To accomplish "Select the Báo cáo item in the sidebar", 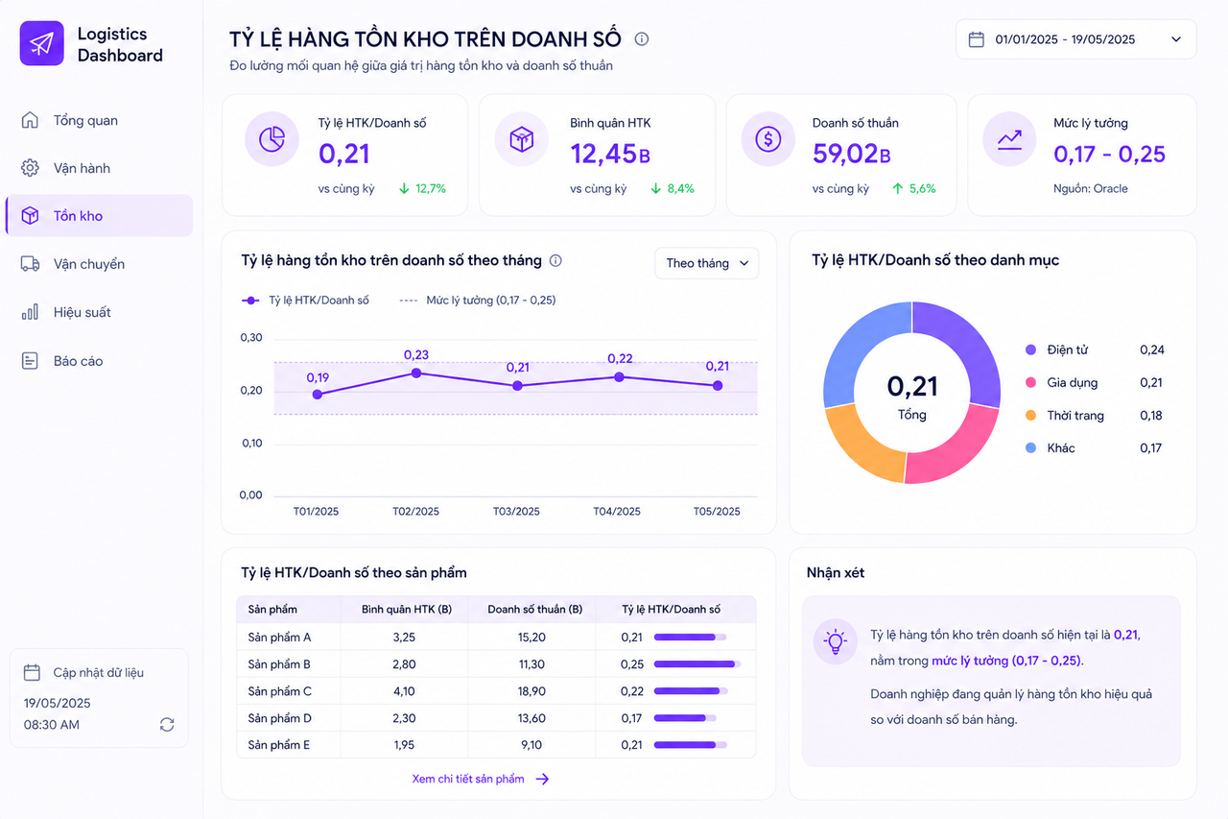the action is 62,361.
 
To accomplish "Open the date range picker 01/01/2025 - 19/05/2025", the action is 1075,39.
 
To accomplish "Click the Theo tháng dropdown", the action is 707,263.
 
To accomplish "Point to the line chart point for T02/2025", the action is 416,373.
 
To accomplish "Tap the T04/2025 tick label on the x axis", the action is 617,511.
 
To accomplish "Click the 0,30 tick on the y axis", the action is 251,337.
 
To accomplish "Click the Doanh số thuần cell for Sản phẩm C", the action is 531,691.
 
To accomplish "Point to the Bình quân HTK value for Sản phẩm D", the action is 404,718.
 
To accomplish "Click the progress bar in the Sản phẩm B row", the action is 697,664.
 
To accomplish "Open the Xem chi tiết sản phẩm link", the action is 481,779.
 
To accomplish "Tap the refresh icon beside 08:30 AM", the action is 167,725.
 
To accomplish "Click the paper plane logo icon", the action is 41,43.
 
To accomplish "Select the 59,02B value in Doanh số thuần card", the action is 851,154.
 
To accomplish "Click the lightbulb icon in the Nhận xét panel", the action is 835,641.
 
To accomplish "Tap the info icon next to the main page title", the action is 642,39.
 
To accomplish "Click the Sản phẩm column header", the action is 272,610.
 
